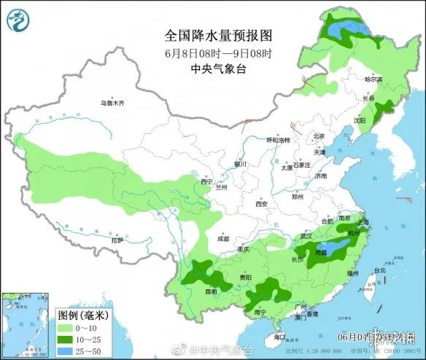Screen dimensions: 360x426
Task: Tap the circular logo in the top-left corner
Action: [18, 20]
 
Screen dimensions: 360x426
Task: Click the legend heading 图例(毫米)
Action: [82, 316]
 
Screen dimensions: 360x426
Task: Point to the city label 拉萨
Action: [117, 240]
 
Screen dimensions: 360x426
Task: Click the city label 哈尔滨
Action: [373, 79]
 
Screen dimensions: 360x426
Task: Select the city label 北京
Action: [318, 136]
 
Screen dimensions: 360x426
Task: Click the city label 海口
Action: [279, 337]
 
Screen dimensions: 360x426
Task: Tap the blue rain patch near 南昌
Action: [335, 250]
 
